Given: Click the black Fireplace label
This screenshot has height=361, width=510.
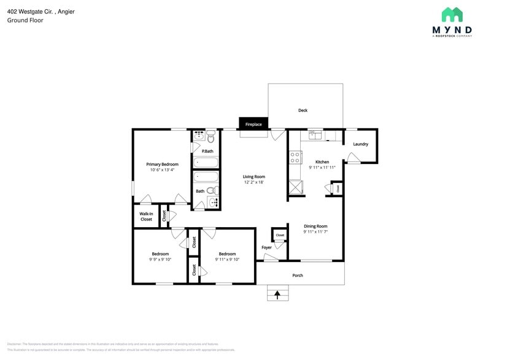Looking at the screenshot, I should click(x=253, y=124).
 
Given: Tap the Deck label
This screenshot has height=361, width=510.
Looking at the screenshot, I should click(x=303, y=111).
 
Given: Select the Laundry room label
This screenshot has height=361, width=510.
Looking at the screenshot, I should click(x=360, y=144).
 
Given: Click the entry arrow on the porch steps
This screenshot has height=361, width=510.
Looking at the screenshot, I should click(x=277, y=295).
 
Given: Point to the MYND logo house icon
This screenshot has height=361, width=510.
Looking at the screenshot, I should click(x=452, y=15).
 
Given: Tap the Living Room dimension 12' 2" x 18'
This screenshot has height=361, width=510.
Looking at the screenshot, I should click(x=253, y=182).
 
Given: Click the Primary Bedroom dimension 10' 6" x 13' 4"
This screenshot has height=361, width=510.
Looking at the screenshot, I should click(x=162, y=170).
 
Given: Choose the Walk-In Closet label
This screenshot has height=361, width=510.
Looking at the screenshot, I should click(x=146, y=217).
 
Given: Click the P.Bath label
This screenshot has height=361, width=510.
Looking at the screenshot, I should click(x=207, y=151).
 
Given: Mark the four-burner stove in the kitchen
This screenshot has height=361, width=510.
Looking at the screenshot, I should click(x=295, y=157).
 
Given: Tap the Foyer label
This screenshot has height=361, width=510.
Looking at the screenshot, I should click(x=266, y=247).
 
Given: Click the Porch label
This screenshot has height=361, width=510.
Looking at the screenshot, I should click(x=298, y=275).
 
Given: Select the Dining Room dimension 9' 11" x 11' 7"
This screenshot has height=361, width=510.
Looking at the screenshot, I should click(x=315, y=231).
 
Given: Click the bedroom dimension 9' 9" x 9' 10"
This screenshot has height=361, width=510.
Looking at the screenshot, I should click(x=160, y=260).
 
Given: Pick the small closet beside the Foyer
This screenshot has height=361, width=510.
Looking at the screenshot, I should click(x=280, y=235).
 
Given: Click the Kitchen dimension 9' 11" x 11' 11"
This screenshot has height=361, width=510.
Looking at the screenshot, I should click(x=322, y=167).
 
